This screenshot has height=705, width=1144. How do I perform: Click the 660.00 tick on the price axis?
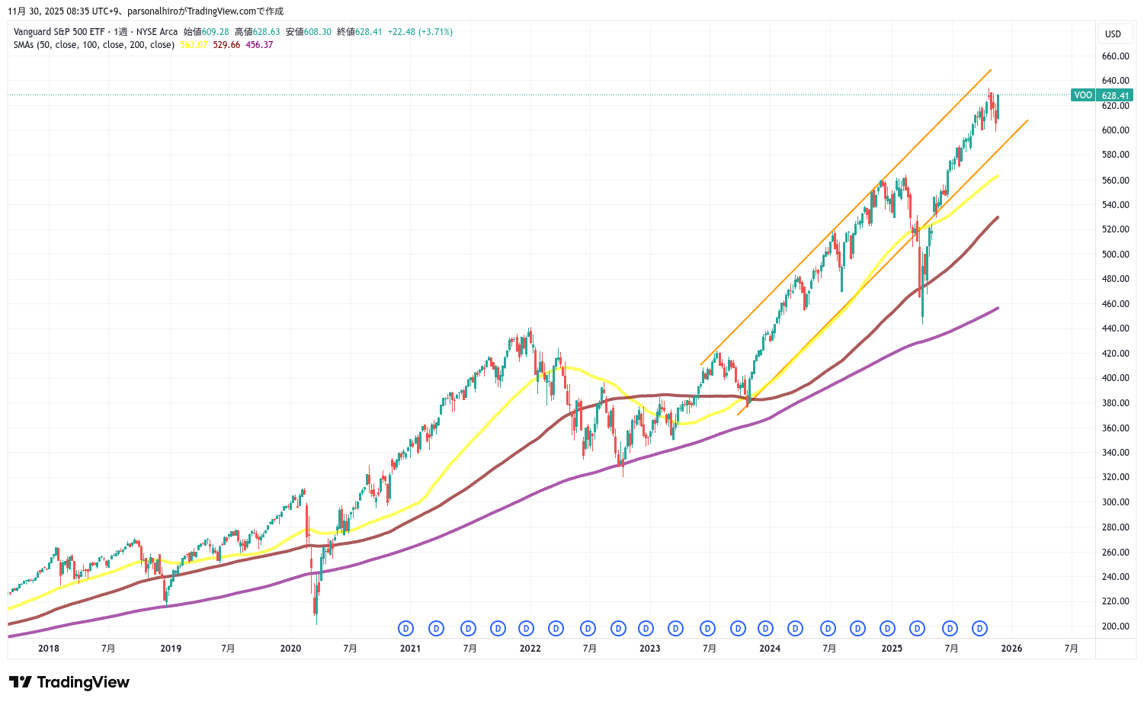click(x=1115, y=56)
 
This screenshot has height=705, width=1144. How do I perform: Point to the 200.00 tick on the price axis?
click(x=1115, y=626)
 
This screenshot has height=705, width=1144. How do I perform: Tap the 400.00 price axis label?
click(x=1115, y=378)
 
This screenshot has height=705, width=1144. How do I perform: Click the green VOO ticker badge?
click(x=1082, y=95)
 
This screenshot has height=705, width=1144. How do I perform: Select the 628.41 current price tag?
click(x=1115, y=95)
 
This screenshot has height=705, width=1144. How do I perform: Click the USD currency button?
click(x=1113, y=34)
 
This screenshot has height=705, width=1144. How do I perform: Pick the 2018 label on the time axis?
click(x=48, y=649)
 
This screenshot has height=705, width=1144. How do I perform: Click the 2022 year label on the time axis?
click(x=530, y=649)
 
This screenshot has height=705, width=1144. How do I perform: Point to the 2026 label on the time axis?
click(x=1011, y=649)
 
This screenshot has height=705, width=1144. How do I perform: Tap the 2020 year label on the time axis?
click(x=290, y=649)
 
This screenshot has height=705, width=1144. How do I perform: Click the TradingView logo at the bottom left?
click(x=69, y=682)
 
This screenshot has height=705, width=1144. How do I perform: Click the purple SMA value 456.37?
click(x=259, y=45)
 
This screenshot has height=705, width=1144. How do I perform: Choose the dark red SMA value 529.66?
click(x=226, y=45)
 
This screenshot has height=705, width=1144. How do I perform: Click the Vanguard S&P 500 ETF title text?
click(x=59, y=32)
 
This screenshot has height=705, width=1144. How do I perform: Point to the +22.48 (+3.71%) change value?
click(x=420, y=32)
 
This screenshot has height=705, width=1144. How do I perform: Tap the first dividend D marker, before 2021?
click(x=405, y=629)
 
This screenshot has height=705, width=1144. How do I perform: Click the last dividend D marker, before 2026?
click(x=980, y=629)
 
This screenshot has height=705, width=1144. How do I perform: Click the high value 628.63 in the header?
click(x=267, y=32)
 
